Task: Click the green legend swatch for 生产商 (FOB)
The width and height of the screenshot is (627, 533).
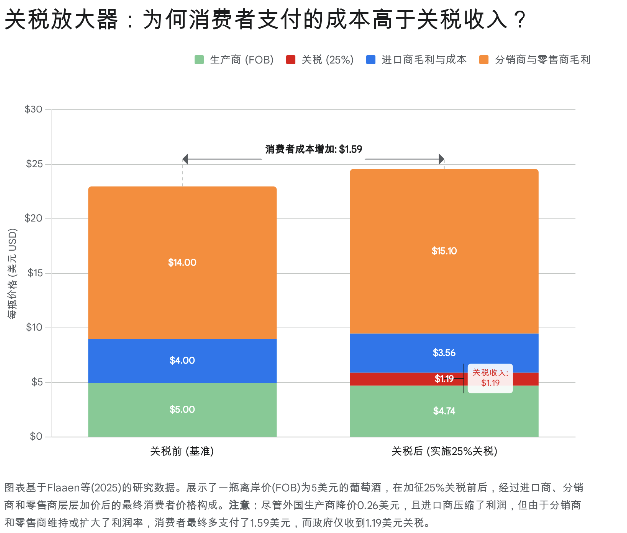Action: (x=199, y=60)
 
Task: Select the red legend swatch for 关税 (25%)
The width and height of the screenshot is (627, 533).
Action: (x=291, y=60)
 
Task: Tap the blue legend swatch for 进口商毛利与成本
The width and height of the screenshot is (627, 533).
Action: (x=371, y=60)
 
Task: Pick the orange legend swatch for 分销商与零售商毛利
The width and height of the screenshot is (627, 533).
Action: (x=484, y=60)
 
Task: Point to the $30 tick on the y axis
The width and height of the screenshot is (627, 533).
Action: (x=34, y=109)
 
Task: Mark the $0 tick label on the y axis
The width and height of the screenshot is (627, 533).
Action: (x=36, y=437)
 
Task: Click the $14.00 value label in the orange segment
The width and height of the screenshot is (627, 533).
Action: (x=182, y=263)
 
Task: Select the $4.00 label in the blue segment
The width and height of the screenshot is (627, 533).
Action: (x=182, y=361)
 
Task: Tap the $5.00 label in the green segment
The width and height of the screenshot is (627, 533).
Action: (x=182, y=410)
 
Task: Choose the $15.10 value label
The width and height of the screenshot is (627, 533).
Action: (x=444, y=251)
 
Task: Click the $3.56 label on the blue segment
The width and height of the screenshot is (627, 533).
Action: (x=444, y=353)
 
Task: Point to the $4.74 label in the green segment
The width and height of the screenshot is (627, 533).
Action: (x=444, y=411)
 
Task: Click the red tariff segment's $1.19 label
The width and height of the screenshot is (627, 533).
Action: (x=444, y=379)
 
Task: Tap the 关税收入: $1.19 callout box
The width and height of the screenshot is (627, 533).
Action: (x=490, y=378)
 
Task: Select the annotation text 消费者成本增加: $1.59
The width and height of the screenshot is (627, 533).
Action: (x=313, y=149)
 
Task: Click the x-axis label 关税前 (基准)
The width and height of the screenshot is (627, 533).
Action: (x=182, y=451)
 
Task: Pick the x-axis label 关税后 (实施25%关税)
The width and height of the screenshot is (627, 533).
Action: (x=444, y=451)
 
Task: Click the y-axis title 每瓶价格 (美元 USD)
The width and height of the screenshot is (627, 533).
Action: (x=13, y=273)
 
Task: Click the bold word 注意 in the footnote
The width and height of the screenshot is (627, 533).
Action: (x=239, y=505)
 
